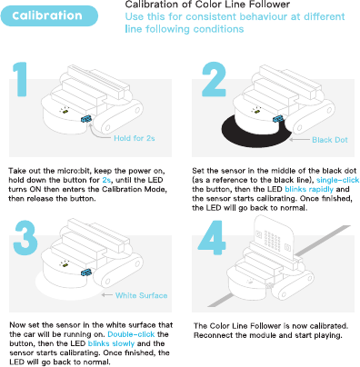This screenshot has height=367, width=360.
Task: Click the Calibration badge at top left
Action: [49, 15]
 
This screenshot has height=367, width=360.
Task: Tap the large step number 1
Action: [20, 79]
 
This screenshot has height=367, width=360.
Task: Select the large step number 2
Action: [214, 79]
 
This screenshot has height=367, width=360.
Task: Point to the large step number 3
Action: [25, 238]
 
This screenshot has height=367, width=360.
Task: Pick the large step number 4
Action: [212, 238]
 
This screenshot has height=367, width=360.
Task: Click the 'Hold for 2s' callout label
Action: [135, 138]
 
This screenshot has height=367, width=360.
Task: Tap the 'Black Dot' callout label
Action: [330, 140]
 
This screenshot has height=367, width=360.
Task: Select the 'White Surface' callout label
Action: [141, 295]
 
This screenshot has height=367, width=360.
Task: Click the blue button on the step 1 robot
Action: [86, 119]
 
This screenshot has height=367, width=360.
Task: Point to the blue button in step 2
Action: [278, 119]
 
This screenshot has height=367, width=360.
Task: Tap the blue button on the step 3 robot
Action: [86, 273]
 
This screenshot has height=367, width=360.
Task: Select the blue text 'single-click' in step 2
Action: [337, 180]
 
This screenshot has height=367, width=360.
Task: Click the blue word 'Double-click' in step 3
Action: [131, 334]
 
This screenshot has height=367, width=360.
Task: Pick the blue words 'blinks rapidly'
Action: [309, 190]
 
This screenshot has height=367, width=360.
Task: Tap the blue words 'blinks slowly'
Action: [111, 343]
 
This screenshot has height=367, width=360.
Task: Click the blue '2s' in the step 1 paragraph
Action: [106, 180]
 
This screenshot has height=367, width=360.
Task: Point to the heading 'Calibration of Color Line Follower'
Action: [207, 5]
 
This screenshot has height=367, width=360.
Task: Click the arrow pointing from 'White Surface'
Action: [107, 295]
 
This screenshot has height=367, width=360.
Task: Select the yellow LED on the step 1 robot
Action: [65, 112]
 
